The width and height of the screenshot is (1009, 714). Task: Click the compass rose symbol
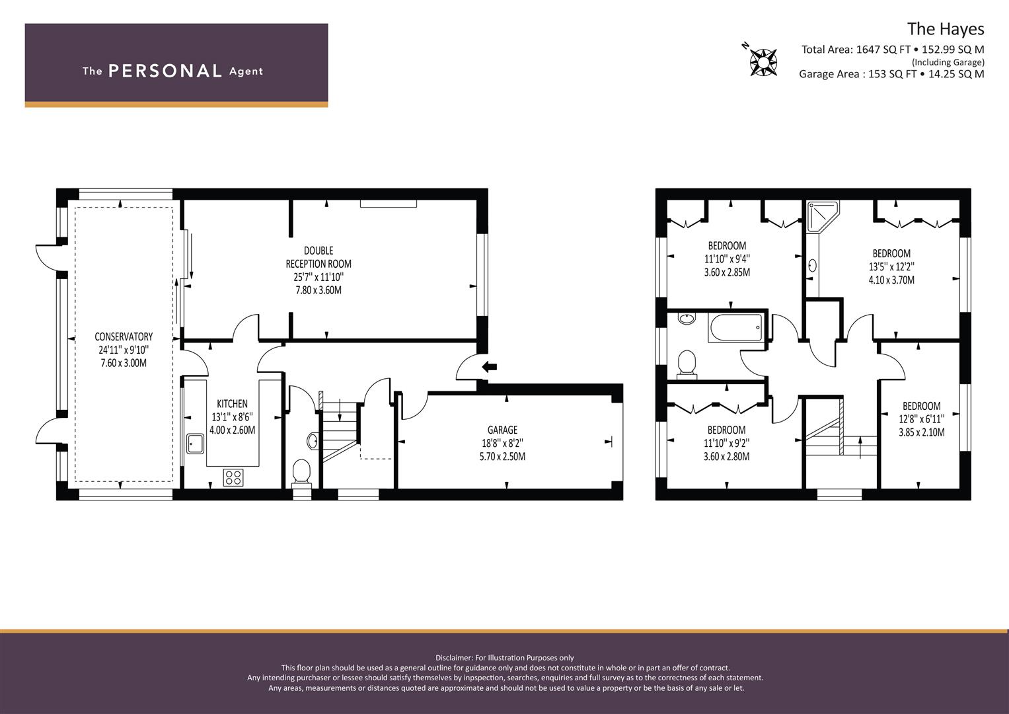763,62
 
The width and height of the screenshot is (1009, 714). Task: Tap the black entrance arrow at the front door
489,367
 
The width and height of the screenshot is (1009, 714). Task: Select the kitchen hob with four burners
233,478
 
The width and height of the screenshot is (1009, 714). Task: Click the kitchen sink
196,444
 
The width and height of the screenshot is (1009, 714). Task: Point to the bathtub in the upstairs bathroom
735,327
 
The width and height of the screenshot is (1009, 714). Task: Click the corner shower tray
823,216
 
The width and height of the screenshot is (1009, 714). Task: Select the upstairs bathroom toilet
687,364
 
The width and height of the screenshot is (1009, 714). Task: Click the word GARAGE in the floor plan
502,430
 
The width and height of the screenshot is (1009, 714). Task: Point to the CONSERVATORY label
124,337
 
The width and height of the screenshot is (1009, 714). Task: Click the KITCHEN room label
232,404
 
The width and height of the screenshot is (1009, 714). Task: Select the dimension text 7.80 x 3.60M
318,290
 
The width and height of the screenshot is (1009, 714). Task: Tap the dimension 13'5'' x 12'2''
891,267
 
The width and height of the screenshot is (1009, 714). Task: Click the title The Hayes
946,29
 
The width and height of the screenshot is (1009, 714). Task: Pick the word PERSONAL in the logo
165,71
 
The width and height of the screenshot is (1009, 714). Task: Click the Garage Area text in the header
891,74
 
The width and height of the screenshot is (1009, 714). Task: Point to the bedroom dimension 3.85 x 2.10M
922,433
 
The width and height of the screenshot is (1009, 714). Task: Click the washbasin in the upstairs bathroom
687,318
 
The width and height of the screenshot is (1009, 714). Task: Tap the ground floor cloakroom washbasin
313,440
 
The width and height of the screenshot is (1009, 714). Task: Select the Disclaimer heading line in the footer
505,658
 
